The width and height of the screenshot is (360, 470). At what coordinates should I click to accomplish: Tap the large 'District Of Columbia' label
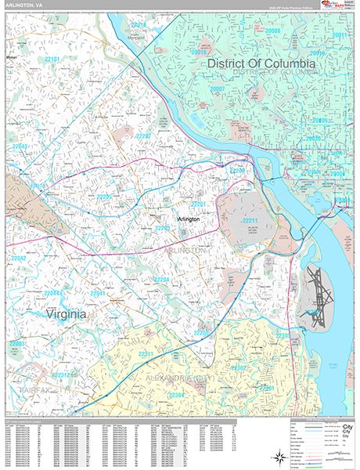tap(261, 62)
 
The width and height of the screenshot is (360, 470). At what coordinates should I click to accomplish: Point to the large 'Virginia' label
tap(56, 314)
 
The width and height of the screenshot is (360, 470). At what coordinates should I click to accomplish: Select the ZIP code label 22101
tap(52, 59)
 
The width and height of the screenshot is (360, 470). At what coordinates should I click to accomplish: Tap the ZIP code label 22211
tap(250, 222)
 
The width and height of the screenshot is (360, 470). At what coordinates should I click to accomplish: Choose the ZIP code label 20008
tap(272, 31)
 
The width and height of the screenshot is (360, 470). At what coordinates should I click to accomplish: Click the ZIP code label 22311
tap(146, 354)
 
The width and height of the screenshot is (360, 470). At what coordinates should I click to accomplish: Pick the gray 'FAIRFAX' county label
tap(26, 386)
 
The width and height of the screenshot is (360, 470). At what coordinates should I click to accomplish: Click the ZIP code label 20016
tap(139, 27)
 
